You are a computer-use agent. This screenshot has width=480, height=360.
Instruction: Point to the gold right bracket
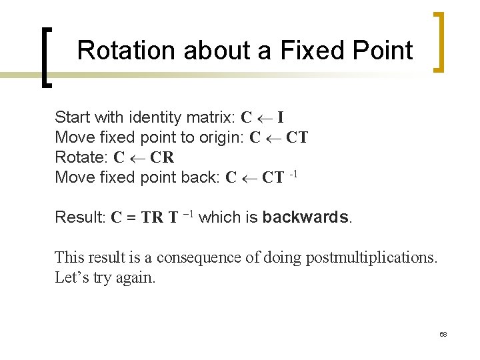439,41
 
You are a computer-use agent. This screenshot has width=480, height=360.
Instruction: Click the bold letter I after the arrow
281,118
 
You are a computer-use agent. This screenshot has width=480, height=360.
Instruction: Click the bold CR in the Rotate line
162,158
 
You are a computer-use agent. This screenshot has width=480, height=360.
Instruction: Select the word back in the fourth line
200,178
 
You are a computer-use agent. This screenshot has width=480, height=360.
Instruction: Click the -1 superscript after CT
293,175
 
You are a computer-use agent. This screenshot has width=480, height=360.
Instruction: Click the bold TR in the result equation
152,217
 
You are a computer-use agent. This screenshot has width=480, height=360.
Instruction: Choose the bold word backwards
305,217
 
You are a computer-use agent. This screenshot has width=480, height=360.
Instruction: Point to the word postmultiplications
371,257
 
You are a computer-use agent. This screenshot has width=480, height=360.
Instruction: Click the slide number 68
443,334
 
